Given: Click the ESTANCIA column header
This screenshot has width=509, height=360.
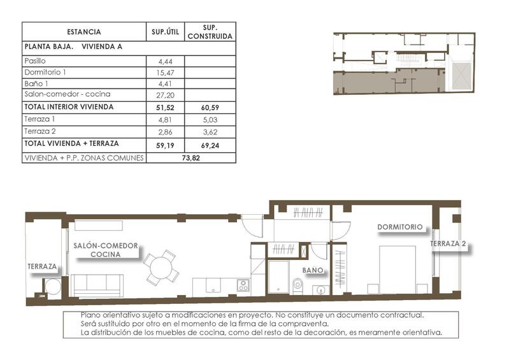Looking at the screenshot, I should (x=83, y=32).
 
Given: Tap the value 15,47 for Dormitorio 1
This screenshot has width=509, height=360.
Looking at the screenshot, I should (x=164, y=73).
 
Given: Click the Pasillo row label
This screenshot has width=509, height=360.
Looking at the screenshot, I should (x=36, y=61).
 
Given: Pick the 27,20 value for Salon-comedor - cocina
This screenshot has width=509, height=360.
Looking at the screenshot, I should (x=164, y=95).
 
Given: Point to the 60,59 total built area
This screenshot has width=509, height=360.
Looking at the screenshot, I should (x=210, y=108).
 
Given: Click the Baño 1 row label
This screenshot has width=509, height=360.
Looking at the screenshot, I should (x=36, y=84).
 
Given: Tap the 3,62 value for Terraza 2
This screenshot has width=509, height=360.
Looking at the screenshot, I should (x=210, y=131).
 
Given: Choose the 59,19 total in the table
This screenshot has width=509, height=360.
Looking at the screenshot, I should (x=164, y=144).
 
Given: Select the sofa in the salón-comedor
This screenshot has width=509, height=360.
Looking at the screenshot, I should (x=97, y=284).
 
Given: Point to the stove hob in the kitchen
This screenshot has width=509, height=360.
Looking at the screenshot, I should (x=243, y=285).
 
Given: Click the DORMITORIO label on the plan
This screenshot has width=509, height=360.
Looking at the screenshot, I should (x=400, y=227).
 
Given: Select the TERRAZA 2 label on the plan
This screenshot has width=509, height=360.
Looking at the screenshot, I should (x=448, y=244).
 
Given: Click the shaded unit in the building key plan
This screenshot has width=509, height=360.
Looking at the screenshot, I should (x=382, y=82).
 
